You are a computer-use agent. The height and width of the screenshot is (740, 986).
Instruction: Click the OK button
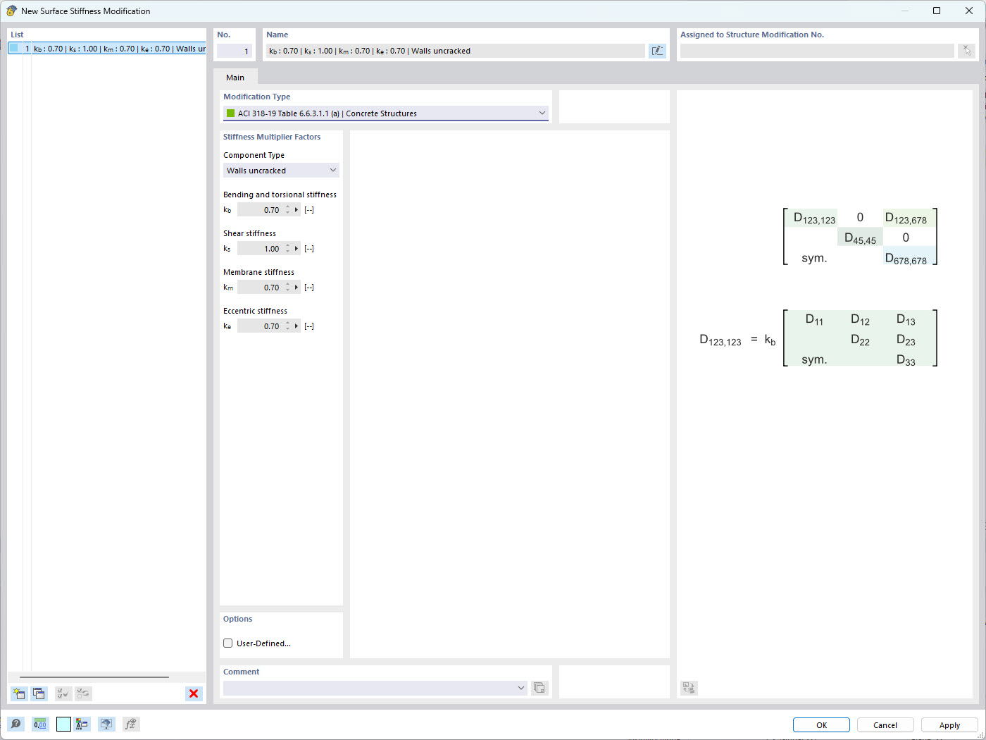click(x=820, y=724)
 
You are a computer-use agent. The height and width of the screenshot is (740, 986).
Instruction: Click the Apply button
click(x=949, y=724)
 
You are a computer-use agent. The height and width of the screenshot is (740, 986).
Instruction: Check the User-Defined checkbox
click(x=228, y=643)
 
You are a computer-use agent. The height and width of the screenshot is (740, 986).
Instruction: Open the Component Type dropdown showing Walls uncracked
click(x=281, y=171)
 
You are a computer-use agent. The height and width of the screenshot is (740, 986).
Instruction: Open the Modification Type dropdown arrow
click(x=542, y=113)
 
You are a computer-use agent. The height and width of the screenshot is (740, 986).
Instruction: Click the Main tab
click(x=235, y=78)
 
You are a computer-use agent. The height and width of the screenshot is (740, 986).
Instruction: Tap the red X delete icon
click(x=194, y=693)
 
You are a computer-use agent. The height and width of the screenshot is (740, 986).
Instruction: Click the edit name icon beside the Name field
click(x=657, y=51)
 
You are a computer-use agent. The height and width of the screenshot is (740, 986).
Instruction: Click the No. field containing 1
click(x=235, y=51)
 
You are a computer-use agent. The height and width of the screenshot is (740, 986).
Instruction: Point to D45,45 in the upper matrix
click(x=860, y=238)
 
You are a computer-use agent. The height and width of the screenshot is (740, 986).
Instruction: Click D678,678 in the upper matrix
click(x=906, y=259)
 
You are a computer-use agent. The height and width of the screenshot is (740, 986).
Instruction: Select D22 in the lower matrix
click(x=860, y=340)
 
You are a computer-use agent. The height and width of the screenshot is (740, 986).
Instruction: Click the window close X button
click(x=969, y=11)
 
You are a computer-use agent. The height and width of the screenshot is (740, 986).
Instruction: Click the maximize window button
click(x=937, y=11)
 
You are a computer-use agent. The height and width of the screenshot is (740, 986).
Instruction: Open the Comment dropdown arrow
click(x=520, y=687)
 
